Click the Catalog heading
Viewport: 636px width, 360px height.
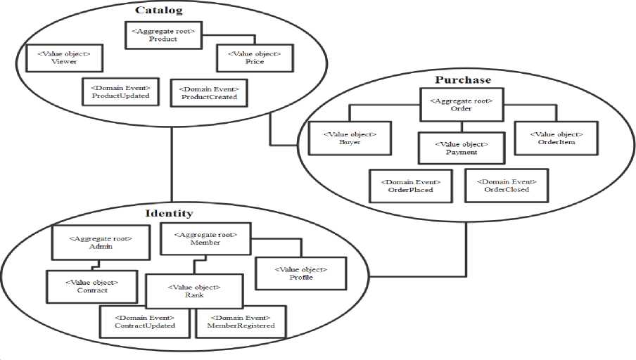[x=159, y=10]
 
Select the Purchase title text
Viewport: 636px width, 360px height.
[x=463, y=79]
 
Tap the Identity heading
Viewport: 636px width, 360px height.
[x=169, y=213]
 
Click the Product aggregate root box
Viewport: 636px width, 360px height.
[x=163, y=35]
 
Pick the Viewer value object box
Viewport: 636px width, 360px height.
[x=64, y=58]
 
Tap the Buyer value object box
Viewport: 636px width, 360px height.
[x=350, y=137]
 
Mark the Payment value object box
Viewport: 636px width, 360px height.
[x=462, y=148]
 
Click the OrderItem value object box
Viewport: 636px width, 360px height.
[x=556, y=138]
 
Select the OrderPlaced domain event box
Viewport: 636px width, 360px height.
[x=410, y=185]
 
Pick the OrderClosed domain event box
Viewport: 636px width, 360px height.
[x=506, y=184]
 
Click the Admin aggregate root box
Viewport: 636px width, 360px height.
[x=101, y=243]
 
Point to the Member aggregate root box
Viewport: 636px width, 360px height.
[x=205, y=238]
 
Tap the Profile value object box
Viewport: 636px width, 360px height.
[x=300, y=273]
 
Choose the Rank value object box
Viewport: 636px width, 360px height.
[x=193, y=290]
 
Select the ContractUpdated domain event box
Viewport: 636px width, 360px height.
[x=144, y=322]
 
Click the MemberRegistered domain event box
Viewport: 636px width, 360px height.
[x=241, y=322]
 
